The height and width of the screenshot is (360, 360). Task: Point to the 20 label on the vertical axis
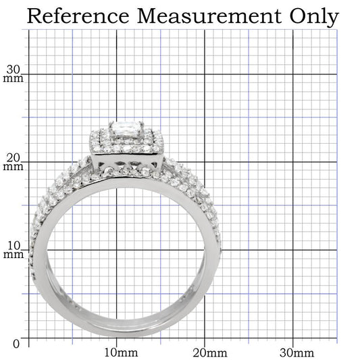[14, 157]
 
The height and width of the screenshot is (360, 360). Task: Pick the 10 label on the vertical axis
[14, 245]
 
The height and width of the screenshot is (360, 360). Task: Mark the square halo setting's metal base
[128, 161]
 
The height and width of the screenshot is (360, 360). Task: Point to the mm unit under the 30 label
[14, 78]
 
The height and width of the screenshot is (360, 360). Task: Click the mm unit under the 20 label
[14, 167]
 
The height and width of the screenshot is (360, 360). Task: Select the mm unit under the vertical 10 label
[14, 255]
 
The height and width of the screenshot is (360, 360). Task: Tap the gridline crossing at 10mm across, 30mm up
[117, 74]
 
